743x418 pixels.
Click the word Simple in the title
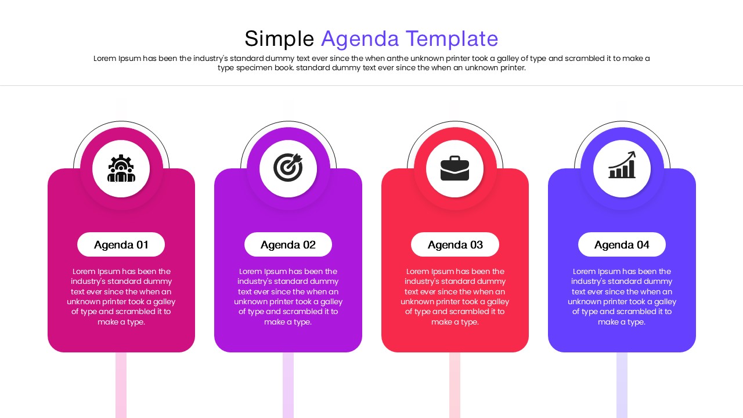[x=279, y=39]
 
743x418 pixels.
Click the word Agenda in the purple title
[x=360, y=39]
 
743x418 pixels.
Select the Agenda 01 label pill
[x=121, y=244]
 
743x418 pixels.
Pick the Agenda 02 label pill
[x=288, y=244]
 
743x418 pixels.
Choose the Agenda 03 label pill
[x=455, y=244]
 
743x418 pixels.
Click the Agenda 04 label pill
[x=622, y=244]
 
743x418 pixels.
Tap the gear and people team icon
[x=121, y=168]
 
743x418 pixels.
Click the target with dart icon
[x=288, y=168]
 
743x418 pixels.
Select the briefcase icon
[x=455, y=168]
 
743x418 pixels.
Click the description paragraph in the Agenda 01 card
[x=121, y=296]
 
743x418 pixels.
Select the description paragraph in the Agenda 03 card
[x=455, y=296]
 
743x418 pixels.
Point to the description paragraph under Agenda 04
[x=622, y=296]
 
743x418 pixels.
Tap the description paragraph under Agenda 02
[x=288, y=296]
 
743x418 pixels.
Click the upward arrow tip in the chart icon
[x=633, y=153]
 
